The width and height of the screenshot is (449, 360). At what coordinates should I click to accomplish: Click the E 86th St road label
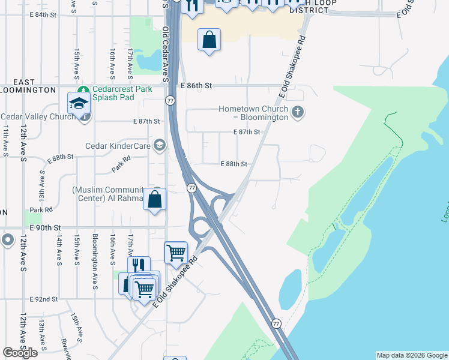coord(196,86)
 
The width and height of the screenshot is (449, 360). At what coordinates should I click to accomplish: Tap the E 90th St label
coord(45,228)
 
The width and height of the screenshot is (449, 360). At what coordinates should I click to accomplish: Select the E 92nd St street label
coord(43,298)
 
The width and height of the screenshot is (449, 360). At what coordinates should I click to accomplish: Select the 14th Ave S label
coord(59,250)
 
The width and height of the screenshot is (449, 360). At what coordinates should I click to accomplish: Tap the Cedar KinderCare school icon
coord(159,145)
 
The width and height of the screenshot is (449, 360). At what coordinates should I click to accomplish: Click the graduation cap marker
coord(79,103)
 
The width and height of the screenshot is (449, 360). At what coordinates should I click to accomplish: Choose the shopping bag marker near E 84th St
coord(209,40)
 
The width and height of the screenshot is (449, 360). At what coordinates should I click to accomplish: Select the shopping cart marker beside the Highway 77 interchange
coord(176,253)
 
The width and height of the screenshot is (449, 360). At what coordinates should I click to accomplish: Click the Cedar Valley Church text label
coord(38,116)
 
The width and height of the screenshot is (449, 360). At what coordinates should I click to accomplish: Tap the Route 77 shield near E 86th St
coord(171,100)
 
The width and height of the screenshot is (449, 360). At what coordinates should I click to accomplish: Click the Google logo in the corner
coord(20,353)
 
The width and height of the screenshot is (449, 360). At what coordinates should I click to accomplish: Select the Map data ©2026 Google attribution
coord(412,355)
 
